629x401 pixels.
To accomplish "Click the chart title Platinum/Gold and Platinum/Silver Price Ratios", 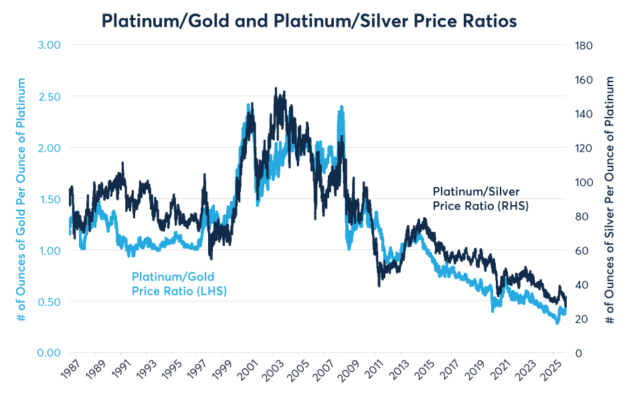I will point(309,21).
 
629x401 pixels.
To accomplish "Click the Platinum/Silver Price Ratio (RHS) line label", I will point(480,198).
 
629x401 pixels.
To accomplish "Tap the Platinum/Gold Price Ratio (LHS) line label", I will point(177,283).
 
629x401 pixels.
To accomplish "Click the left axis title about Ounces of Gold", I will point(21,199).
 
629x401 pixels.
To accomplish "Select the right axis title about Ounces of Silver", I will point(610,199).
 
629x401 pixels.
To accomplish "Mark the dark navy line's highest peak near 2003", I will point(276,88).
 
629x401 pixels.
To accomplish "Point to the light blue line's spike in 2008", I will point(341,107).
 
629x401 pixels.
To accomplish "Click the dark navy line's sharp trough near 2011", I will point(379,285).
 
